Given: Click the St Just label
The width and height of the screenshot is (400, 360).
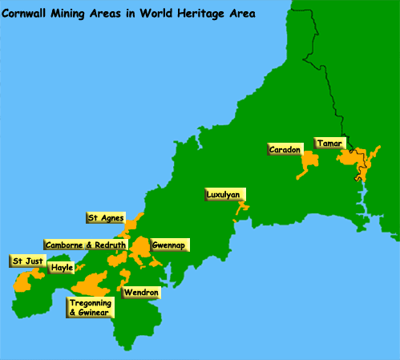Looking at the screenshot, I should pos(27,261).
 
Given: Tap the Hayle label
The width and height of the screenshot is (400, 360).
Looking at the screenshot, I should pos(61,268).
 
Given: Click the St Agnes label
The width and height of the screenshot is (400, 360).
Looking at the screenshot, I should pos(104,217).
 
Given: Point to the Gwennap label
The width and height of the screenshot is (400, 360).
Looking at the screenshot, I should pos(166,244).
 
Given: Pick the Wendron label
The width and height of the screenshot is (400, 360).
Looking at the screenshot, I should pos(140,293).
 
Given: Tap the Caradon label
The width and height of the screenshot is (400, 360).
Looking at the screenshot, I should pos(285,149).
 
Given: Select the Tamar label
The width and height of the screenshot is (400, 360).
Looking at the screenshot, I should pos(329,142).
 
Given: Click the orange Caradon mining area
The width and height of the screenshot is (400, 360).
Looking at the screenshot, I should pos(308,165).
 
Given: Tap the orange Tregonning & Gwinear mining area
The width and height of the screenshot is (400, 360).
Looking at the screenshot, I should pos(91,285).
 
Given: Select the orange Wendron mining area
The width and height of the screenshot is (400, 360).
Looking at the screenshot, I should pos(125,278).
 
